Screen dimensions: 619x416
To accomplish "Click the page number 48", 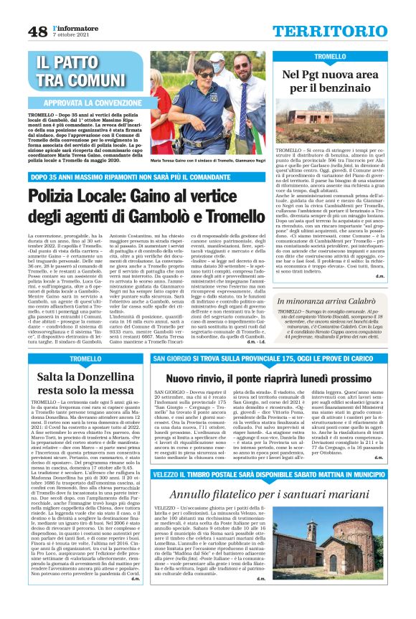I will point(37,31).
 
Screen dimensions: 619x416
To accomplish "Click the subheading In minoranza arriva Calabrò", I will point(340,305).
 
